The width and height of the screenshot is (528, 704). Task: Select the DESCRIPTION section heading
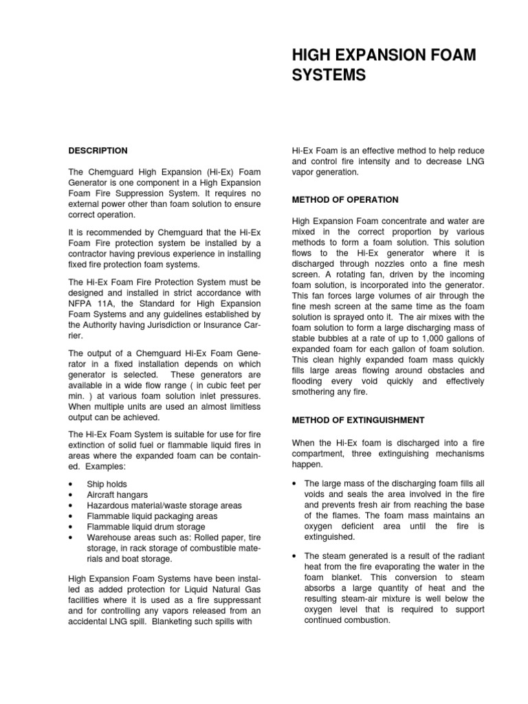coord(98,151)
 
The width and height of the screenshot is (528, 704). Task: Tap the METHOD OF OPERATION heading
coord(345,199)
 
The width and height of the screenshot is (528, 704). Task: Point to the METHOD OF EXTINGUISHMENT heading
coord(358,419)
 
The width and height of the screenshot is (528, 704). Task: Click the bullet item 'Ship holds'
coord(107,484)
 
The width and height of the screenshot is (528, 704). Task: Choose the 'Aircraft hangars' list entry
coord(117,495)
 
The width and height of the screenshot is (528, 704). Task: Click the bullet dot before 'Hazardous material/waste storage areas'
coord(71,505)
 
